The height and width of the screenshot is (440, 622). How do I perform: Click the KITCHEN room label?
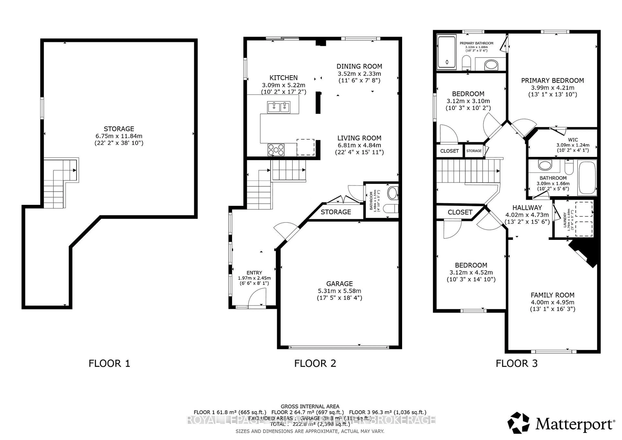coord(283,78)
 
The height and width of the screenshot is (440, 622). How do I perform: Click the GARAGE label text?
coord(340,284)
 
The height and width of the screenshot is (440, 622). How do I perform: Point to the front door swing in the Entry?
coord(257,298)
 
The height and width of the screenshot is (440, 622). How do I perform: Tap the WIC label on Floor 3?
coord(573,140)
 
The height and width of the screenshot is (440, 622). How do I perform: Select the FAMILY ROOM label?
coord(552,295)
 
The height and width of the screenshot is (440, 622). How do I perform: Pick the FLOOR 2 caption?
coord(315,364)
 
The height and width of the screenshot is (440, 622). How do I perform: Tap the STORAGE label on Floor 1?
coord(119,129)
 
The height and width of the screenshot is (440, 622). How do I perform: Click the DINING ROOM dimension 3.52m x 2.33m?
coord(359,74)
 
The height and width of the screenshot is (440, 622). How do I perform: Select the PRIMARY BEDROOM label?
coord(552,81)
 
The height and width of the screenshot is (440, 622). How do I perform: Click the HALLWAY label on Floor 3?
coord(527,208)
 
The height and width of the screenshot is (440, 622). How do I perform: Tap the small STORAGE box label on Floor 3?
coord(474,151)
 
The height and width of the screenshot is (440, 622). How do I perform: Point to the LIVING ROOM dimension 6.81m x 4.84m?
coord(359,145)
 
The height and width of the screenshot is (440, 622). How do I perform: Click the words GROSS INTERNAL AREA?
coord(310,406)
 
